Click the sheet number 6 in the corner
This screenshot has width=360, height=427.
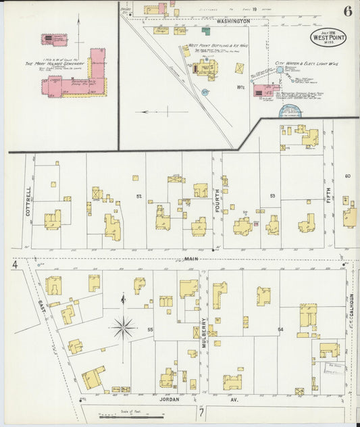[x=346, y=11]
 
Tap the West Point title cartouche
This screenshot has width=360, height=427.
[x=328, y=38]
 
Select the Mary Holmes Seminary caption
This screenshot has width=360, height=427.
[x=49, y=64]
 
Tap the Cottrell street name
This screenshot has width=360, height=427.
[x=28, y=201]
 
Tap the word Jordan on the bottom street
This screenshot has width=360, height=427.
[x=170, y=399]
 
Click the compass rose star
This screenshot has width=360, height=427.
[x=123, y=329]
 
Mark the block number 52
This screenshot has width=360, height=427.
[x=139, y=196]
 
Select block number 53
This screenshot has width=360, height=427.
[x=272, y=196]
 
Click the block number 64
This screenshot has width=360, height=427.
[x=280, y=329]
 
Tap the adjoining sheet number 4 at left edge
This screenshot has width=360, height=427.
[x=14, y=266]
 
